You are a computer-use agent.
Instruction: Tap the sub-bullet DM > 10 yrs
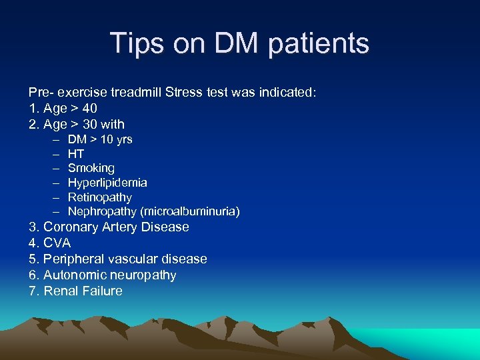tap(100, 139)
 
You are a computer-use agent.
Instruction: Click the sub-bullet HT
tap(76, 154)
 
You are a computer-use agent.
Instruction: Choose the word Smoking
tap(91, 168)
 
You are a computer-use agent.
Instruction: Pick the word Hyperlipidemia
tap(107, 183)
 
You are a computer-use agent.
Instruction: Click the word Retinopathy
tap(100, 197)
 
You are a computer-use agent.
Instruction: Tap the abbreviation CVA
tap(57, 243)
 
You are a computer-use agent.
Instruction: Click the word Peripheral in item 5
tap(73, 259)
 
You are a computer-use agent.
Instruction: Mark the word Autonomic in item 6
tap(73, 275)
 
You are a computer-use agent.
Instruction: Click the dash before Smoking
tap(53, 168)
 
